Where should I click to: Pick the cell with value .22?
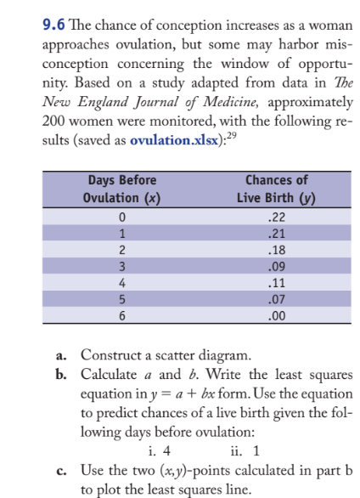coord(276,219)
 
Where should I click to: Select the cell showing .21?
coord(276,235)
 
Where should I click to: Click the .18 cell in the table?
coord(276,252)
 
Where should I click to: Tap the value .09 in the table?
coord(276,268)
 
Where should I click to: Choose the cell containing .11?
coord(276,284)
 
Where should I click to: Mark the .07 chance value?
coord(276,299)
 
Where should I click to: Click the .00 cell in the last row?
coord(276,315)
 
